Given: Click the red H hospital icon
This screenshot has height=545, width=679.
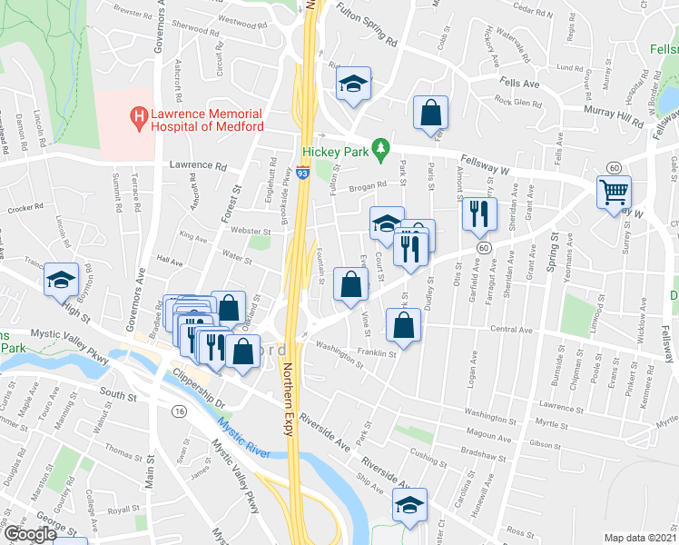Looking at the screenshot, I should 139,116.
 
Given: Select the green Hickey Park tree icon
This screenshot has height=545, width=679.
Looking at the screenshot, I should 383,144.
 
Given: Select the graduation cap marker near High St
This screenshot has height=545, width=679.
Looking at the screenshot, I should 61,279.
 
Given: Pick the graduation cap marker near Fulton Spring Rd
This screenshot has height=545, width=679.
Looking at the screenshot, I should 354,84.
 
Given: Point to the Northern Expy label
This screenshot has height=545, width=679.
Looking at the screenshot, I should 290,399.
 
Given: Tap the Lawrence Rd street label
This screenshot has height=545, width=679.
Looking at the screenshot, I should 197,166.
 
